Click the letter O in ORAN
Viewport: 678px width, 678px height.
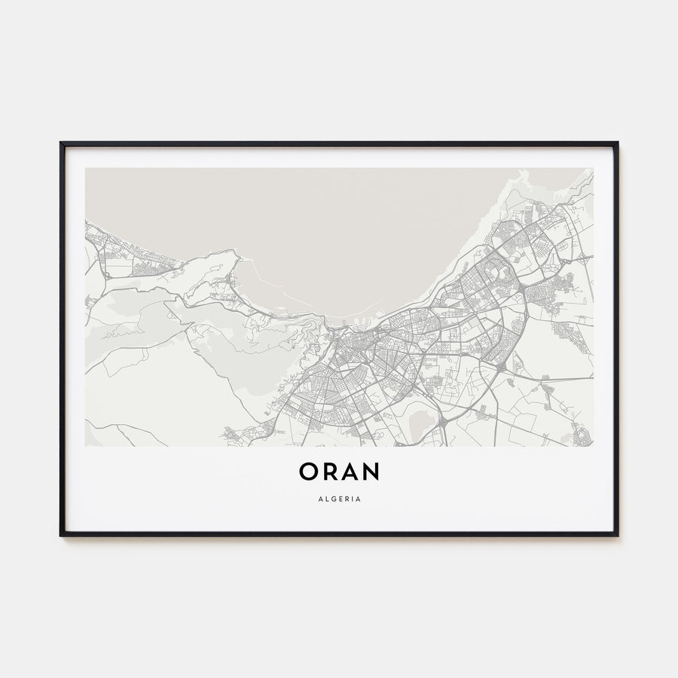(x=310, y=472)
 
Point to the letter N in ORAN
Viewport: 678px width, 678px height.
(x=371, y=472)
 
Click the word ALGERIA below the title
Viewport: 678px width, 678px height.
(x=339, y=498)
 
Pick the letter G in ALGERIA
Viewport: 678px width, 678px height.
(x=333, y=498)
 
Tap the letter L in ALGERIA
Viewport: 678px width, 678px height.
(x=325, y=498)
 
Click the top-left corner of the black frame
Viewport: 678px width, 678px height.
(x=61, y=143)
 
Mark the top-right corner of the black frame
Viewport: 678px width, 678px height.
(x=617, y=143)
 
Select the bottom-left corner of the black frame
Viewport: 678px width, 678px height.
(x=61, y=535)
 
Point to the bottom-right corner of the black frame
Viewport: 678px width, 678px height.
(x=617, y=535)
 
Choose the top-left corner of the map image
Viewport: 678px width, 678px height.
(x=86, y=168)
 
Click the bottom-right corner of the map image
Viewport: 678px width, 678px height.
(x=593, y=446)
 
